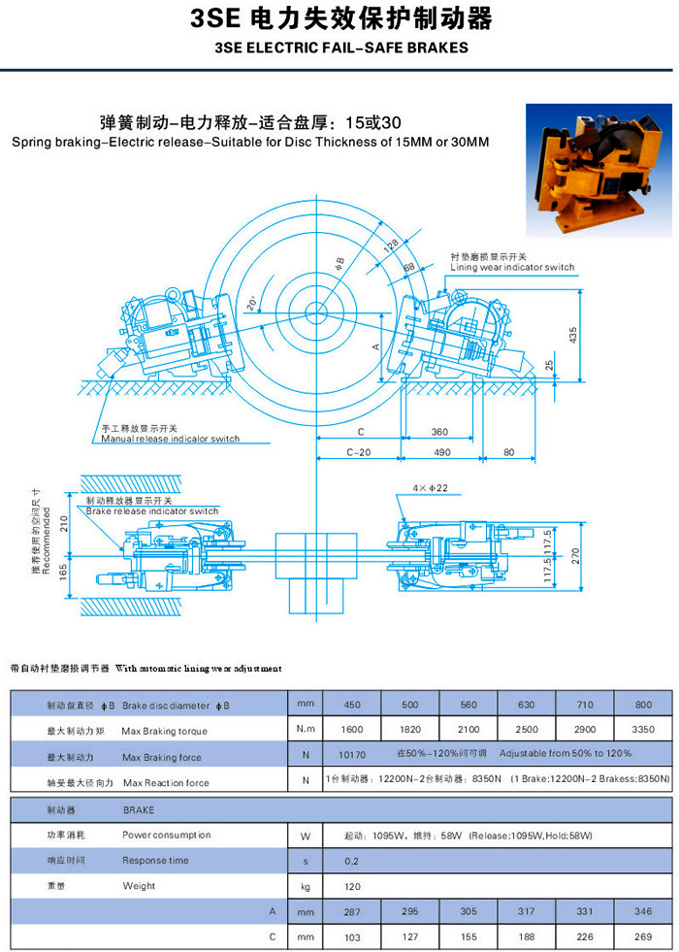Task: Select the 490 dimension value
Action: [x=440, y=452]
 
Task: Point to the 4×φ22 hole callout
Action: [x=429, y=488]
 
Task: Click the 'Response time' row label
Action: [x=155, y=860]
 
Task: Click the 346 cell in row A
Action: [x=643, y=912]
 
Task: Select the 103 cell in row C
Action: [x=353, y=937]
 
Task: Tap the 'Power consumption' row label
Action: [x=166, y=835]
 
